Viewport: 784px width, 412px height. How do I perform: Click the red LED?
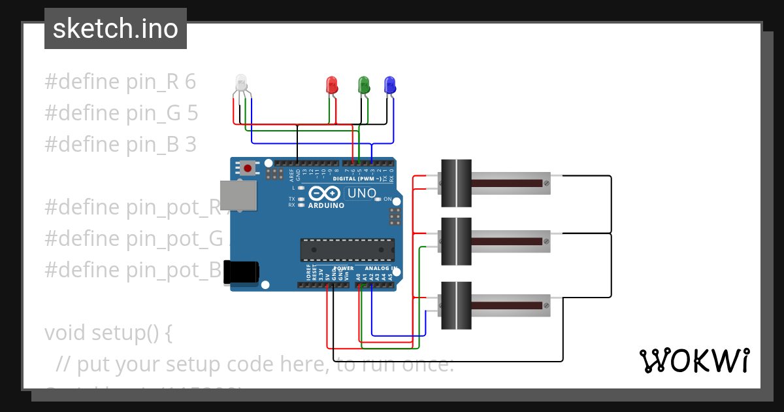[332, 84]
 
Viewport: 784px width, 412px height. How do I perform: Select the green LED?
[364, 84]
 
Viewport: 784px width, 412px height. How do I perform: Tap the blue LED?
[389, 84]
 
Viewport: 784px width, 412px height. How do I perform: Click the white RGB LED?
[241, 83]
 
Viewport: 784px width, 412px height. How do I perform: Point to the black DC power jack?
[240, 272]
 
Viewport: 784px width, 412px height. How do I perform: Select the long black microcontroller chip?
[347, 250]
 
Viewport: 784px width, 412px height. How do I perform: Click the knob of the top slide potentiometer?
[455, 184]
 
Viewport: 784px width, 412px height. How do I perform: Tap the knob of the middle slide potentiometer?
[455, 241]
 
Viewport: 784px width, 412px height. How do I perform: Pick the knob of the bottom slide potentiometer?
[455, 305]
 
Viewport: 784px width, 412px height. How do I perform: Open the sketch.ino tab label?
[116, 29]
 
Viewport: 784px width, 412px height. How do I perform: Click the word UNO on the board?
[361, 194]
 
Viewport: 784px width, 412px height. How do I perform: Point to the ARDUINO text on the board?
[325, 205]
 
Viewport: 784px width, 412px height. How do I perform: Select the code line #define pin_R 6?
[120, 82]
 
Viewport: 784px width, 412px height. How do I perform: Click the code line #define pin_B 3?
[120, 145]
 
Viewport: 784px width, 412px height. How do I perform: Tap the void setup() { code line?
[108, 333]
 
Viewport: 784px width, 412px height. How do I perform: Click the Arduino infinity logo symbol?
[325, 194]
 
